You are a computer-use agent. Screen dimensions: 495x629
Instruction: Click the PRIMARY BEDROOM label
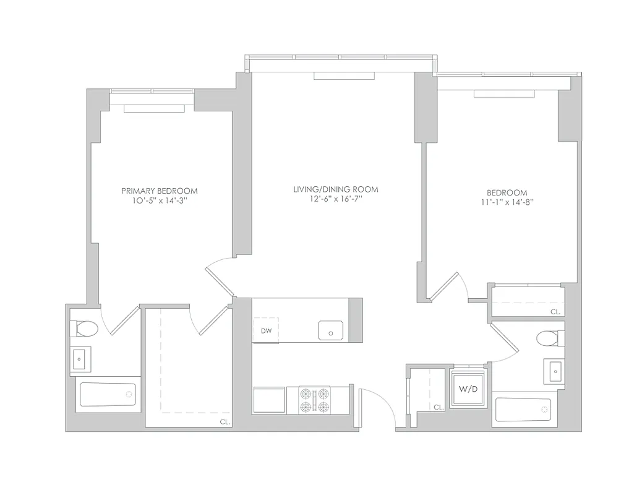coord(160,191)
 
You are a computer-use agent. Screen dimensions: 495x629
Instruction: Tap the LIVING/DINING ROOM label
coord(335,189)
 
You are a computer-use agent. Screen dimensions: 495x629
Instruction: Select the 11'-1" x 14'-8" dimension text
coord(507,202)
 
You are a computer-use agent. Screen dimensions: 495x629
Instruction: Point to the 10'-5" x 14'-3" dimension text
coord(160,200)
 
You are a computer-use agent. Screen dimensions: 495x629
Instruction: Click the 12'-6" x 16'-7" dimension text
coord(335,199)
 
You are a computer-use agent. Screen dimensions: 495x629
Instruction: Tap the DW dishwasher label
coord(266,330)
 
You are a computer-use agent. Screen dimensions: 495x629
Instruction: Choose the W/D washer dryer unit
coord(468,390)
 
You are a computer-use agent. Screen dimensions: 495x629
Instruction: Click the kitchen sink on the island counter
coord(331,331)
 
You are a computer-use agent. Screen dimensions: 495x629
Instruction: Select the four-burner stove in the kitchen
coord(314,400)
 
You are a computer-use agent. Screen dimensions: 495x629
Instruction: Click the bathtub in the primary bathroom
coord(108,394)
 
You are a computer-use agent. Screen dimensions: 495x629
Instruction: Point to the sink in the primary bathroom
coord(80,358)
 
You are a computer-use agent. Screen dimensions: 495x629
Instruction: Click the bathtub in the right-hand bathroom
coord(523,410)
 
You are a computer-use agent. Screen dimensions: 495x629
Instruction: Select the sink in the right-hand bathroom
coord(555,371)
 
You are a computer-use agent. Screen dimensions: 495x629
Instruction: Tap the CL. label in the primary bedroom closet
coord(223,421)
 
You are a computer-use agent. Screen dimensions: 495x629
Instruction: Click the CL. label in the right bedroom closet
coord(555,312)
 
